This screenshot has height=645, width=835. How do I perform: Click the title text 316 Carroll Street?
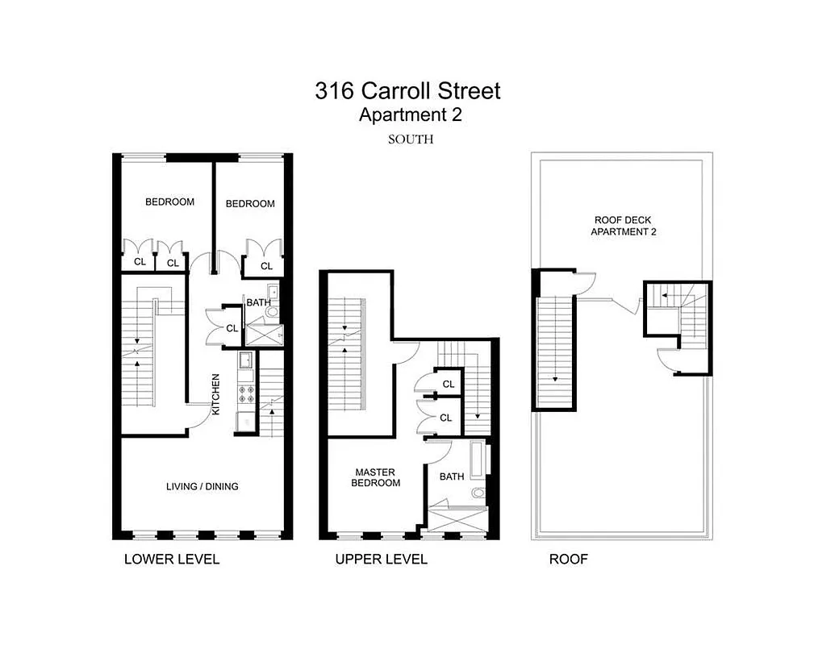(x=407, y=91)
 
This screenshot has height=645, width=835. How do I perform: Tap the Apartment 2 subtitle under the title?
(x=410, y=115)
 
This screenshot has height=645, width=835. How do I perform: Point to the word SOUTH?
(x=411, y=139)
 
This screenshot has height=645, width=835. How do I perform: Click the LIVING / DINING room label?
(x=202, y=486)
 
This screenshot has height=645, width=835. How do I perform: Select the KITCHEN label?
(x=215, y=394)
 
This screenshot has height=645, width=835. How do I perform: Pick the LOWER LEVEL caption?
(x=171, y=560)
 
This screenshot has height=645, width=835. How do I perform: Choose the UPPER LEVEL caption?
(x=381, y=560)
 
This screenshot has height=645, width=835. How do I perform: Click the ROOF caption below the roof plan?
(x=569, y=560)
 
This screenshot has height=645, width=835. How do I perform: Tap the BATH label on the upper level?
(x=452, y=476)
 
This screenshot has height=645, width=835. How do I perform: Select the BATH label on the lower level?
(x=258, y=303)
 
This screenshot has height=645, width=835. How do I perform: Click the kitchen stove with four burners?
(x=246, y=394)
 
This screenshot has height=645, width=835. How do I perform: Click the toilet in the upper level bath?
(x=479, y=493)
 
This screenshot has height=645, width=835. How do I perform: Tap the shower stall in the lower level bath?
(x=263, y=334)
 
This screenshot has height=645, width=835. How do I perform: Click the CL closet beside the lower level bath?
(x=232, y=328)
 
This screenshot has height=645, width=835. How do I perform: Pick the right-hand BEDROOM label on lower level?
(x=250, y=204)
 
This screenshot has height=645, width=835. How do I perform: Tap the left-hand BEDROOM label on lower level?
(x=169, y=202)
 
